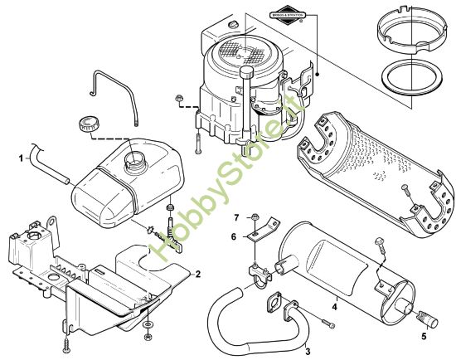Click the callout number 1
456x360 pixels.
click(21, 154)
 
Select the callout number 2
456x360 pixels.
click(198, 273)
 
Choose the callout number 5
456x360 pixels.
click(424, 338)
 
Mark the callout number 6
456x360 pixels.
click(234, 236)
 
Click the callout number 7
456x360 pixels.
click(235, 216)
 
